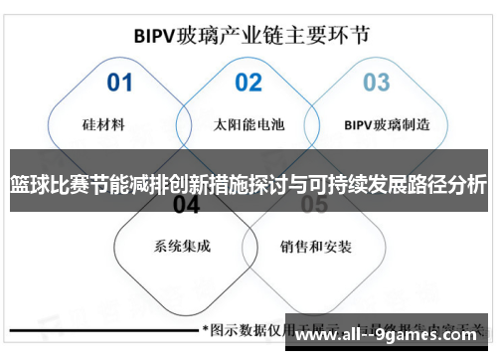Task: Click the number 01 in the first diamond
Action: (119, 82)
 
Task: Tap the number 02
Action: (248, 82)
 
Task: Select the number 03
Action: (376, 82)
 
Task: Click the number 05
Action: (314, 205)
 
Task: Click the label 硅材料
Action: (103, 125)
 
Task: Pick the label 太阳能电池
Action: (248, 125)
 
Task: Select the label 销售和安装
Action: (313, 246)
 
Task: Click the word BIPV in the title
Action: (154, 35)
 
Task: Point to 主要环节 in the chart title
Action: (335, 35)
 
